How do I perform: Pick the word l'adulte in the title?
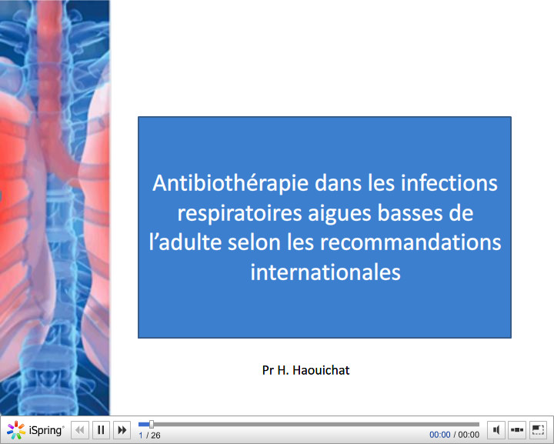[x=185, y=242]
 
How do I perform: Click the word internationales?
[x=325, y=272]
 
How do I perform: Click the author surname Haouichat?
[x=323, y=370]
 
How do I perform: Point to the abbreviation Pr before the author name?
[x=269, y=370]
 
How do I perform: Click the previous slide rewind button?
[x=80, y=430]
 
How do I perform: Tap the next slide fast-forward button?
[x=122, y=430]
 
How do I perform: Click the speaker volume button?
[x=497, y=430]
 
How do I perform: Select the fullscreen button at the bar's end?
[x=538, y=430]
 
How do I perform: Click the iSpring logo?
[x=35, y=430]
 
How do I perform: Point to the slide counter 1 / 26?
[x=149, y=436]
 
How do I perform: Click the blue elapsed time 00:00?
[x=440, y=435]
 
